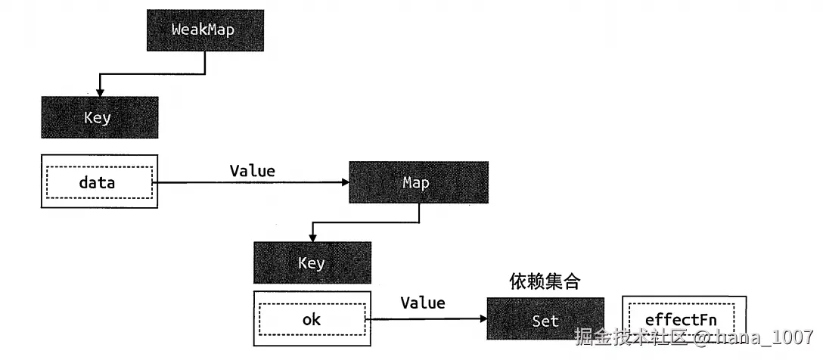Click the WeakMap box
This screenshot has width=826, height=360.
tap(205, 31)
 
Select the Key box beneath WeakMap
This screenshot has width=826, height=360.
tap(99, 117)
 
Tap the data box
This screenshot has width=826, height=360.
tap(99, 182)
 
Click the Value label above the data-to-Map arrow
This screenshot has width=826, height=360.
tap(252, 170)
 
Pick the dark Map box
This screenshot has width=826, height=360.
tap(418, 182)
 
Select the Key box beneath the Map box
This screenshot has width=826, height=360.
tap(312, 262)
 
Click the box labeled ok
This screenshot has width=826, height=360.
tap(311, 319)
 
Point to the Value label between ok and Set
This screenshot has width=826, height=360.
tap(422, 303)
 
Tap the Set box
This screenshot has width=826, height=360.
tap(545, 320)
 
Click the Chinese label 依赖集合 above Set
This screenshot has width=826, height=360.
tap(545, 282)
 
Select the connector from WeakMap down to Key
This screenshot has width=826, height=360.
tap(151, 73)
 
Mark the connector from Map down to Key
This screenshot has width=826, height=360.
tap(363, 222)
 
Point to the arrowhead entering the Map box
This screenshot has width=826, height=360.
tap(343, 182)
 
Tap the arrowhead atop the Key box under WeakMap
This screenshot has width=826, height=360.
tap(99, 92)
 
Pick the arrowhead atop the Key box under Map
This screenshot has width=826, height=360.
tap(312, 237)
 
